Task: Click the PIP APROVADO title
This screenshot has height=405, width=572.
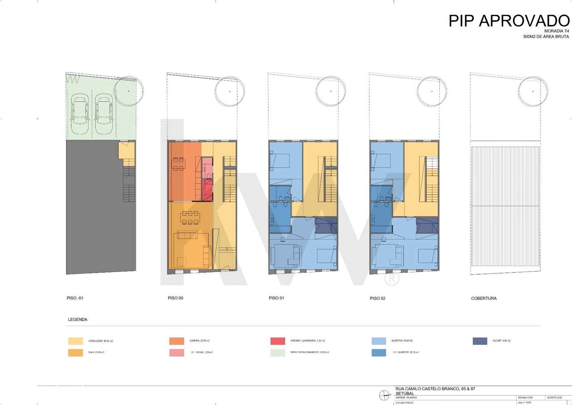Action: [x=509, y=21]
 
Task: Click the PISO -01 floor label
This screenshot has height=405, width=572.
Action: [x=74, y=298]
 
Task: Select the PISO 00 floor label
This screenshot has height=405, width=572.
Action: [x=175, y=298]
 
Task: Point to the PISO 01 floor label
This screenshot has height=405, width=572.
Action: [x=277, y=298]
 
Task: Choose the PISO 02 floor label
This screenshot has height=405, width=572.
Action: [x=378, y=298]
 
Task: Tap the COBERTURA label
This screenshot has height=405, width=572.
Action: [x=484, y=298]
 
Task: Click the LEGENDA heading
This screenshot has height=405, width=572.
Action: [x=77, y=320]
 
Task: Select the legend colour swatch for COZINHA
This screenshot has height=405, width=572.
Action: [x=177, y=341]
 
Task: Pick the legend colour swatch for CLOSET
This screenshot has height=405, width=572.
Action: [x=479, y=341]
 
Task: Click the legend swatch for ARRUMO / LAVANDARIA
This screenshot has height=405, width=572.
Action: [x=278, y=341]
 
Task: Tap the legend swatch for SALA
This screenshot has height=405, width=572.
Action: [x=75, y=353]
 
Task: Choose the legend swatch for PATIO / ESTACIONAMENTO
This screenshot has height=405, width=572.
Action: [x=278, y=353]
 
